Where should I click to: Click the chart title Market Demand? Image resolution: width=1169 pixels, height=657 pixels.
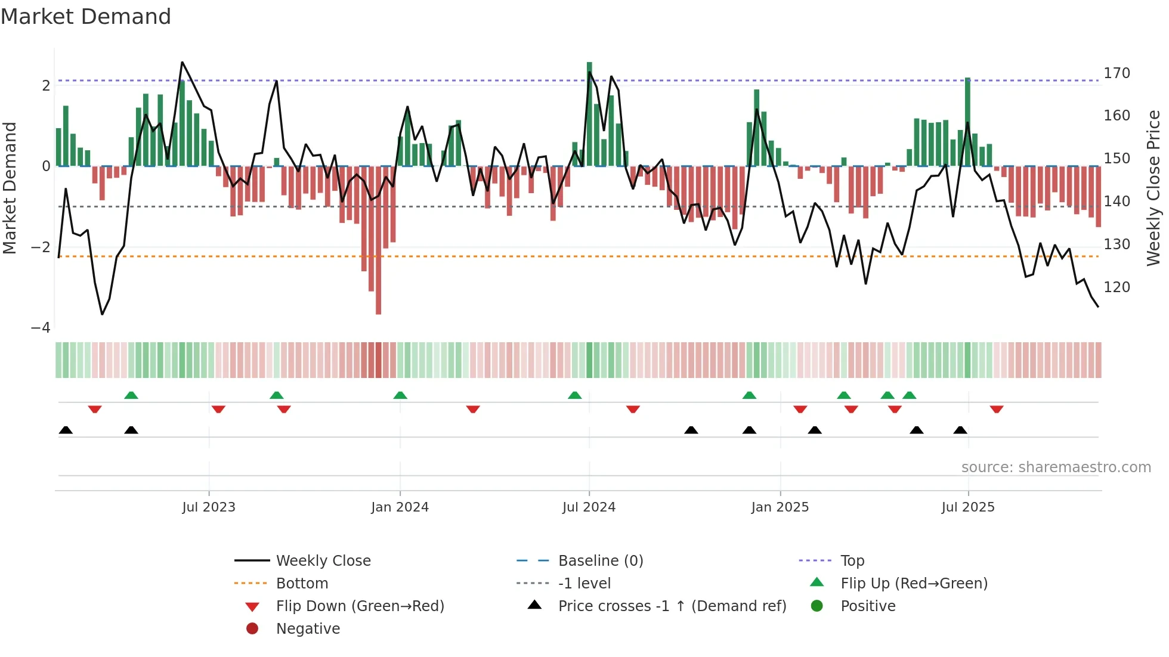tap(86, 17)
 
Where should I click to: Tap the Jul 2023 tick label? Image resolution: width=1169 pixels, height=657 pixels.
tap(209, 507)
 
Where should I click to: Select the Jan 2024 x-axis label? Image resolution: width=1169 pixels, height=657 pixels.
tap(400, 507)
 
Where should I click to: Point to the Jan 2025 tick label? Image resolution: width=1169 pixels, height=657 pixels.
tap(780, 507)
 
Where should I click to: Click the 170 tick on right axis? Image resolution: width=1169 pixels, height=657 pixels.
tap(1117, 73)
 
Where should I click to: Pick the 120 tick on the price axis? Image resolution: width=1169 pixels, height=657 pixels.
tap(1117, 287)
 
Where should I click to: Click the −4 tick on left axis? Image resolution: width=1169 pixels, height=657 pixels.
tap(41, 328)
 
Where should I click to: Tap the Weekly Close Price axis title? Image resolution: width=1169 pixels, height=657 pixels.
tap(1153, 188)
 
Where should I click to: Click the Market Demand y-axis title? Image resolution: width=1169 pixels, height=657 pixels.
tap(10, 188)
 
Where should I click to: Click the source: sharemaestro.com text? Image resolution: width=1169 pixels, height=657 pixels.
tap(1056, 467)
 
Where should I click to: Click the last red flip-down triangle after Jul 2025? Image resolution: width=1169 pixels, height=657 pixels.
tap(996, 409)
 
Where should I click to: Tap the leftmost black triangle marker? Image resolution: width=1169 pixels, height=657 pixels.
tap(66, 430)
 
